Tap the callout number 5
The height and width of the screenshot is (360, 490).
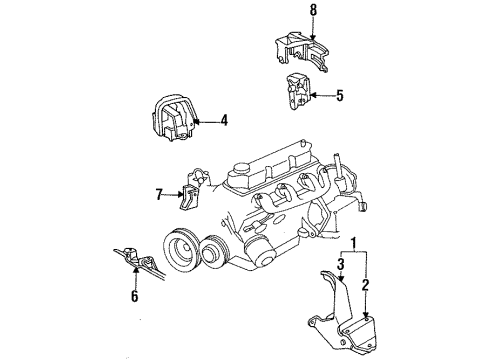pos(339,96)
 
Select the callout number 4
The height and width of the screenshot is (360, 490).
pos(223,121)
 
